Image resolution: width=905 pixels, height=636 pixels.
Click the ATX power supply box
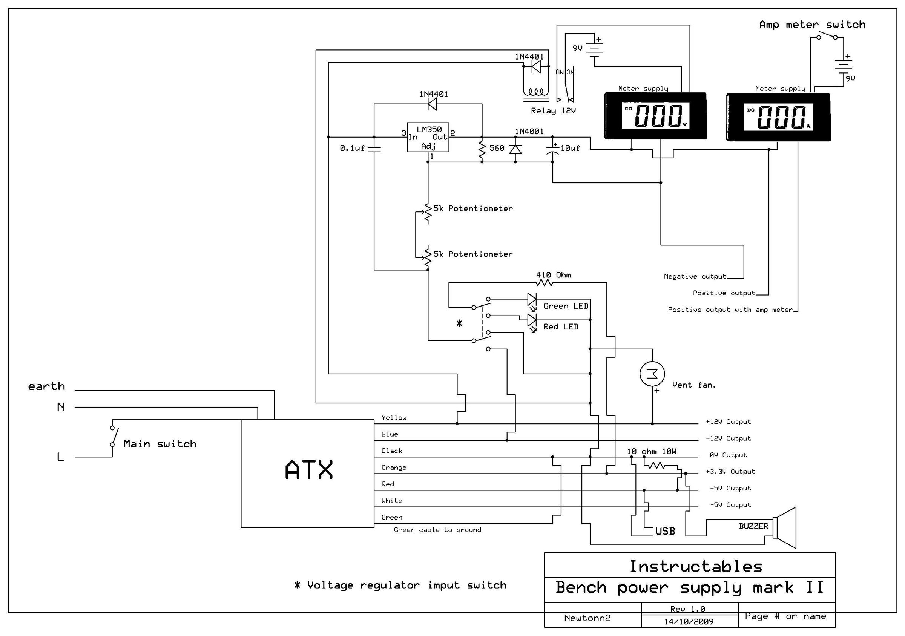(307, 473)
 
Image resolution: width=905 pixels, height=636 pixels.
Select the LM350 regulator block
(428, 137)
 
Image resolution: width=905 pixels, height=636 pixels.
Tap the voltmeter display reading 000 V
(655, 116)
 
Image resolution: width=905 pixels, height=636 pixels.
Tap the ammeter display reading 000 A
(778, 117)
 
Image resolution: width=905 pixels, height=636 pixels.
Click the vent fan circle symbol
(652, 374)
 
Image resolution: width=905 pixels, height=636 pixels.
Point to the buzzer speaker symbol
(784, 527)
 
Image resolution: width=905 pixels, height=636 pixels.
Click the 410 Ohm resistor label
(553, 275)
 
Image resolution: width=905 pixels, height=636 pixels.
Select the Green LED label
(566, 306)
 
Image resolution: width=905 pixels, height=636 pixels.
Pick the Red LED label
(560, 326)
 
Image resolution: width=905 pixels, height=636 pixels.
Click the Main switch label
(160, 444)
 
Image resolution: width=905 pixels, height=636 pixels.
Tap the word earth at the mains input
(46, 386)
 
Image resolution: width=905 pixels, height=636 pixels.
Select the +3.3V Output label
(730, 472)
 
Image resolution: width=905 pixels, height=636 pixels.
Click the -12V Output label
(728, 438)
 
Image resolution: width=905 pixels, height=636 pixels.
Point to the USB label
(665, 531)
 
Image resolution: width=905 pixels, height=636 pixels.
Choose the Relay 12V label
(553, 111)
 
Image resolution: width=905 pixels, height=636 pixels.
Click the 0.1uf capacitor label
(352, 148)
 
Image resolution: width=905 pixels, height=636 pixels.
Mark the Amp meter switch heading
(812, 25)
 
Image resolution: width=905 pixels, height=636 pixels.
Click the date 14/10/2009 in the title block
(689, 622)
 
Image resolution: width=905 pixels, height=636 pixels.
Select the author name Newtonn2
(587, 618)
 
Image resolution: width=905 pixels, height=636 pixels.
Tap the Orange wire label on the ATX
(393, 468)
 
